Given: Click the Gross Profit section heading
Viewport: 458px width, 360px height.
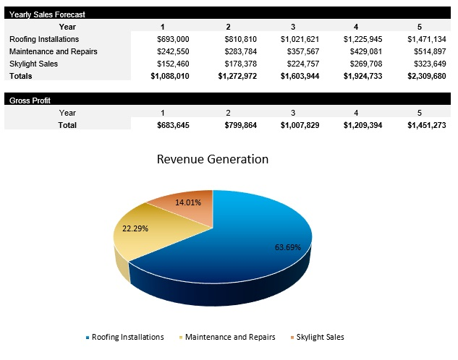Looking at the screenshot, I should point(30,100).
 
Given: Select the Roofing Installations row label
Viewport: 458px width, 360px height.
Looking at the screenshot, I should point(44,39).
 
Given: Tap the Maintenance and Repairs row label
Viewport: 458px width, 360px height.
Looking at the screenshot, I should point(53,51).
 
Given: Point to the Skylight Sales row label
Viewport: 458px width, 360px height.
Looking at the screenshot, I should point(35,64).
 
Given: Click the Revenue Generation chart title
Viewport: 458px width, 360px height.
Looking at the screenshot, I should point(212,159).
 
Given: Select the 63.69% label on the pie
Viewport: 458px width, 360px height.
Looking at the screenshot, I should point(287,247).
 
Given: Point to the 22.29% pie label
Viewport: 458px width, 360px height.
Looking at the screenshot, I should point(135,228).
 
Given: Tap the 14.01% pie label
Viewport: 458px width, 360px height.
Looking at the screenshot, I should point(187,202).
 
